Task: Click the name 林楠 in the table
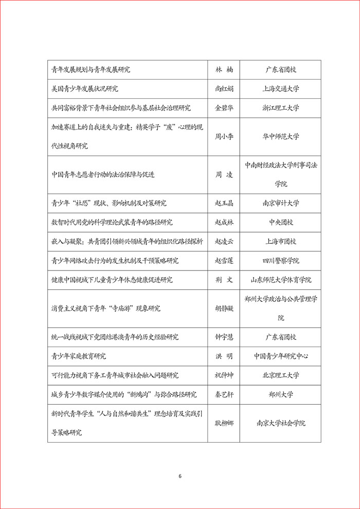(224, 70)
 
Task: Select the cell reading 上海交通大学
(280, 89)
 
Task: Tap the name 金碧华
(224, 108)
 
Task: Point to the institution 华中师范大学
(280, 137)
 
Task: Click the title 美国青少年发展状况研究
(85, 89)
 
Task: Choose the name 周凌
(224, 175)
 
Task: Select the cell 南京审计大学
(280, 203)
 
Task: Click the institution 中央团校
(280, 222)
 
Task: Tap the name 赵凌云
(224, 241)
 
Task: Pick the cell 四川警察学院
(280, 261)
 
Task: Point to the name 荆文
(224, 280)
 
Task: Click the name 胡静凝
(224, 308)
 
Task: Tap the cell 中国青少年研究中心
(280, 356)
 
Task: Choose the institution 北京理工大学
(280, 375)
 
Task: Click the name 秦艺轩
(224, 394)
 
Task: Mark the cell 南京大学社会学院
(280, 423)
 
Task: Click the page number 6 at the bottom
(180, 476)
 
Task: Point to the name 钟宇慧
(224, 337)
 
